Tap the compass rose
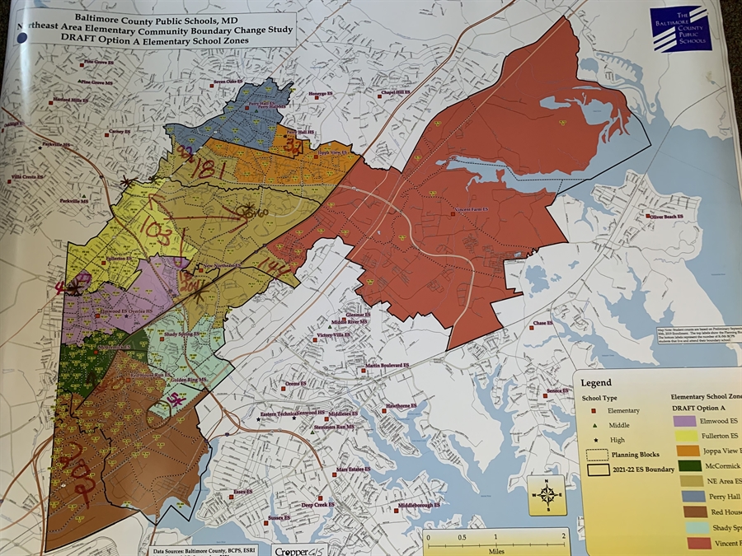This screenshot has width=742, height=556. [x=547, y=494]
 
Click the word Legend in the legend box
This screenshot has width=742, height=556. [x=596, y=383]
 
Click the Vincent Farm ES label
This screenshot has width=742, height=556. [x=472, y=210]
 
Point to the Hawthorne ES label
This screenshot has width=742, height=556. [x=405, y=406]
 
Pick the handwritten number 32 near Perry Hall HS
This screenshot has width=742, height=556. [x=294, y=147]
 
